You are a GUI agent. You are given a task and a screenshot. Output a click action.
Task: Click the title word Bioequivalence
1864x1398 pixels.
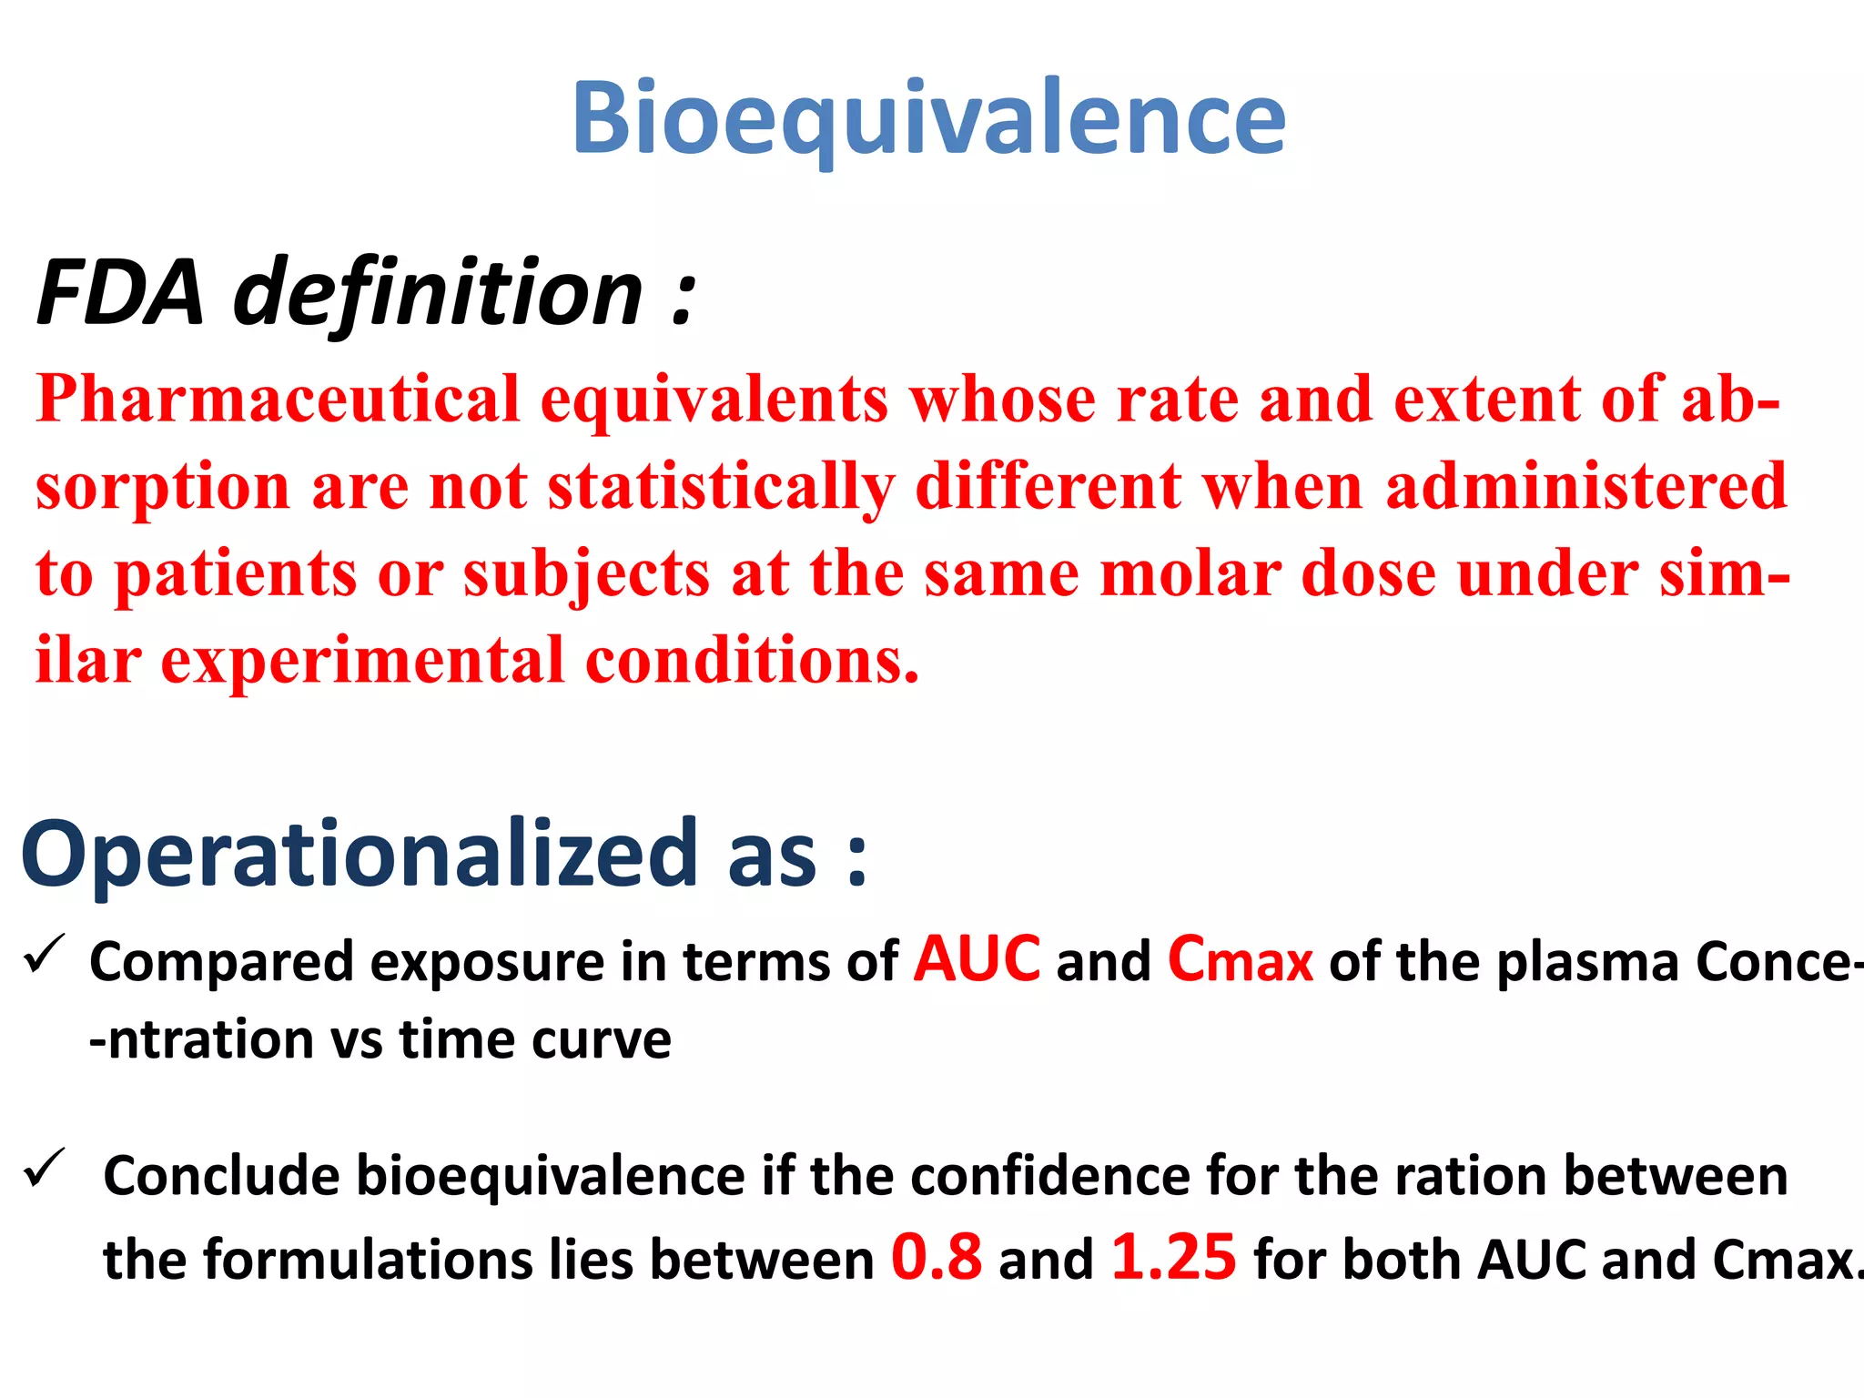pyautogui.click(x=928, y=118)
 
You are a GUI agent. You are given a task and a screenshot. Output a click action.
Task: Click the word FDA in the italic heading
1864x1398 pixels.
pyautogui.click(x=120, y=293)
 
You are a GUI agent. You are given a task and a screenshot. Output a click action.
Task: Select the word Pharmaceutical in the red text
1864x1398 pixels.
pyautogui.click(x=278, y=400)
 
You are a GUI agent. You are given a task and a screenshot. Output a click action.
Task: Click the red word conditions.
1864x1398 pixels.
pyautogui.click(x=752, y=661)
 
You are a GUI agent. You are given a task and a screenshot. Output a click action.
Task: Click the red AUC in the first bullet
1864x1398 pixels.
pyautogui.click(x=977, y=960)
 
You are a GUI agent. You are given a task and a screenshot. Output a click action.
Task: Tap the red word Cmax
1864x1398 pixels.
pyautogui.click(x=1240, y=960)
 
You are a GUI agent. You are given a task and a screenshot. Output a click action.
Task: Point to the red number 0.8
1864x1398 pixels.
pyautogui.click(x=937, y=1258)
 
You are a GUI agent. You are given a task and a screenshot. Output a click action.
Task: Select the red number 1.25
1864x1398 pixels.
pyautogui.click(x=1174, y=1258)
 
